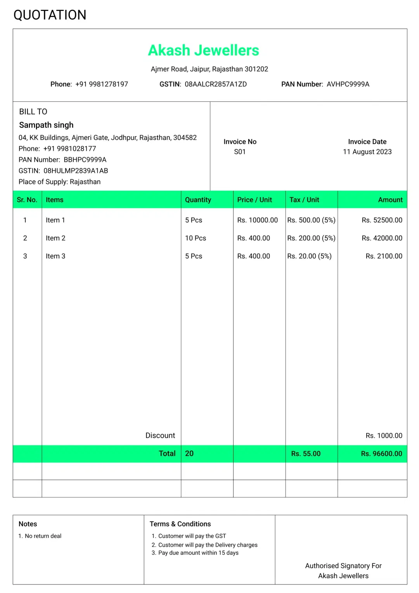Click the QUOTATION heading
[x=50, y=15]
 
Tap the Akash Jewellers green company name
[x=204, y=51]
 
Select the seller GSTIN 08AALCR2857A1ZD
[x=215, y=84]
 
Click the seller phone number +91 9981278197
[x=101, y=84]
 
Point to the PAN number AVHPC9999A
[x=348, y=84]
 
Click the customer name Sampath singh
[x=46, y=125]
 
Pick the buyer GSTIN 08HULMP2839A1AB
[x=76, y=171]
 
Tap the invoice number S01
[x=240, y=152]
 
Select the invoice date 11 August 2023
[x=367, y=152]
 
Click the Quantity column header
[x=198, y=200]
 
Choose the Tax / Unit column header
[x=304, y=200]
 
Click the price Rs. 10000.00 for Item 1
[x=258, y=220]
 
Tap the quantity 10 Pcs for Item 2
[x=196, y=238]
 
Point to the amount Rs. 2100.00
[x=384, y=256]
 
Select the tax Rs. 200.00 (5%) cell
[x=311, y=238]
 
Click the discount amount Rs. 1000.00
[x=384, y=436]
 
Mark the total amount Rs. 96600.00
[x=381, y=453]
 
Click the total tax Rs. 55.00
[x=306, y=453]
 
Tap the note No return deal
[x=43, y=536]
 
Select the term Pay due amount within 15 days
[x=198, y=553]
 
